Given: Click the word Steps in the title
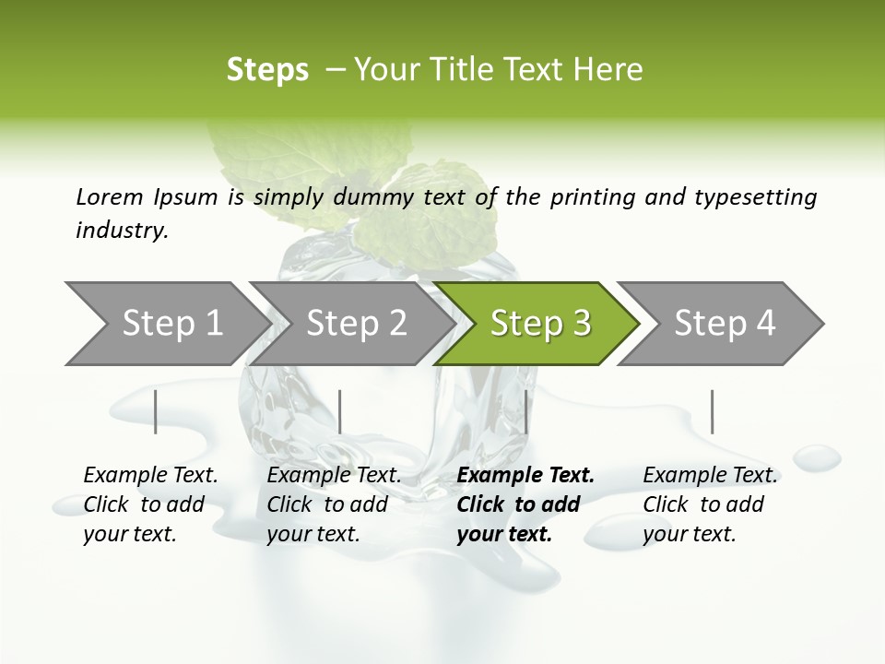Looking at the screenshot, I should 267,69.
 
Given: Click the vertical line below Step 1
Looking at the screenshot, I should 155,411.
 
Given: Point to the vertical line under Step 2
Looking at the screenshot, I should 340,411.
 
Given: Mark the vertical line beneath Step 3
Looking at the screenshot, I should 525,411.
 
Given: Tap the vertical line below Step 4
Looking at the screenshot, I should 712,411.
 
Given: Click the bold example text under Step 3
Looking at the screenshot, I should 525,504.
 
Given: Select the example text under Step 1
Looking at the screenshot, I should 150,504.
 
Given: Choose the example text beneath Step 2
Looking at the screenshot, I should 334,504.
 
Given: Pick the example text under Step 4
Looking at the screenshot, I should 710,504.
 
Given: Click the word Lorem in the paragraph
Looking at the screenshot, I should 109,196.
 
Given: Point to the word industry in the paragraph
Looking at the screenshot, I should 122,231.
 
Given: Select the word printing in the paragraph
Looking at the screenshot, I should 594,197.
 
